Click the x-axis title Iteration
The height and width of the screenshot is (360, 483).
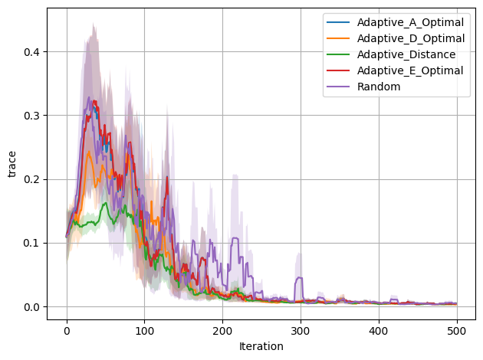click(x=261, y=346)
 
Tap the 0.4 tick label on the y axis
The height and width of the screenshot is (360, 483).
click(x=31, y=52)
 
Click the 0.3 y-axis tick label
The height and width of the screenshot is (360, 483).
click(x=31, y=116)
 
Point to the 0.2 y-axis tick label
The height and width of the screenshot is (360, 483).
click(x=31, y=179)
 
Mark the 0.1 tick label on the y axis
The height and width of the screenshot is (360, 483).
click(x=31, y=244)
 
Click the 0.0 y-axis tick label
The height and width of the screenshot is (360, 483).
click(x=31, y=307)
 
